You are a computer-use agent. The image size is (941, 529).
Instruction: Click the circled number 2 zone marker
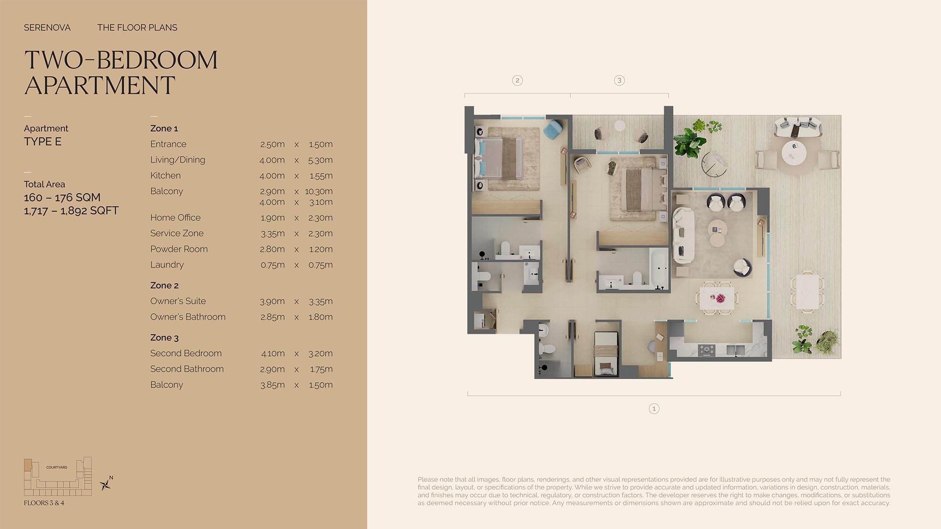tap(518, 80)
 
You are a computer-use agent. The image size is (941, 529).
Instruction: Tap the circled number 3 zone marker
tap(619, 80)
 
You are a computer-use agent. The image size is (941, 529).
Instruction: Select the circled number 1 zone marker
tap(654, 409)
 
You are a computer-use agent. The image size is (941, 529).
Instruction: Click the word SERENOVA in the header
tap(47, 28)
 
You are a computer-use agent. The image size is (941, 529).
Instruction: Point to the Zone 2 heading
tap(164, 285)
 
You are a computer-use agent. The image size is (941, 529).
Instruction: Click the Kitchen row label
tap(165, 175)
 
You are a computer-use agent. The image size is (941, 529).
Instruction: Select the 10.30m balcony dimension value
tap(319, 191)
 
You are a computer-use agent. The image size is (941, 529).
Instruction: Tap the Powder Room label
tap(179, 249)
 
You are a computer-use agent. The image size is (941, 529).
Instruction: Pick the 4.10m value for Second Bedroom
tap(273, 353)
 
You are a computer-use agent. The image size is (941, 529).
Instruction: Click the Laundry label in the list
tap(167, 265)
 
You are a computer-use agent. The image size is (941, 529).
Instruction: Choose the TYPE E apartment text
tap(43, 142)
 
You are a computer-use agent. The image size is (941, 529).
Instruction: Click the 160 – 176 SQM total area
tap(62, 197)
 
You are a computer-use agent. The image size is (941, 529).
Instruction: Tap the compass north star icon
tap(106, 484)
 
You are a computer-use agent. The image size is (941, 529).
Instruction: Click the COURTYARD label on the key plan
tap(56, 467)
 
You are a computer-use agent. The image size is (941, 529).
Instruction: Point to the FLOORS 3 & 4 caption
tap(44, 503)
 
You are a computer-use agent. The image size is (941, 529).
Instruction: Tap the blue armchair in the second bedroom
tap(554, 129)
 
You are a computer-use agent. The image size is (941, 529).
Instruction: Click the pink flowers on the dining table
tap(718, 298)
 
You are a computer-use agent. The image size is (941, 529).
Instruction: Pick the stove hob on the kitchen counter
tap(706, 350)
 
